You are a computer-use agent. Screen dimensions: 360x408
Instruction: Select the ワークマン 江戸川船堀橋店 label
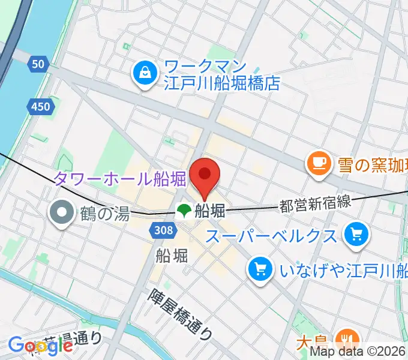222,74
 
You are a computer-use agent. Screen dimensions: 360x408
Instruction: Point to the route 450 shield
40,106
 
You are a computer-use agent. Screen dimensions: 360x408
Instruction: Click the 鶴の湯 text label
104,212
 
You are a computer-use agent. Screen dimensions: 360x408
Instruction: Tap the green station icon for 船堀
183,210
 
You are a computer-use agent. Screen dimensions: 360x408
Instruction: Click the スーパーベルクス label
271,235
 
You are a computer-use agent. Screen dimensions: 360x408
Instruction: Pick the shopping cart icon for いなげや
260,268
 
